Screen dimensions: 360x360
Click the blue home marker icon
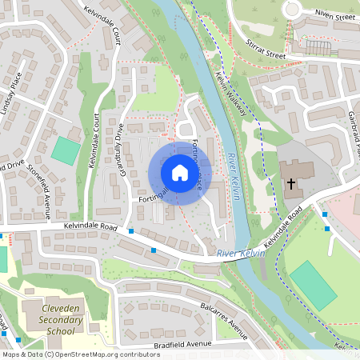[x=179, y=173]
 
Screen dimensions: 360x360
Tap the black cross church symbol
[x=291, y=184]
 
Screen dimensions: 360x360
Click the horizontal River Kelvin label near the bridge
[x=239, y=254]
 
